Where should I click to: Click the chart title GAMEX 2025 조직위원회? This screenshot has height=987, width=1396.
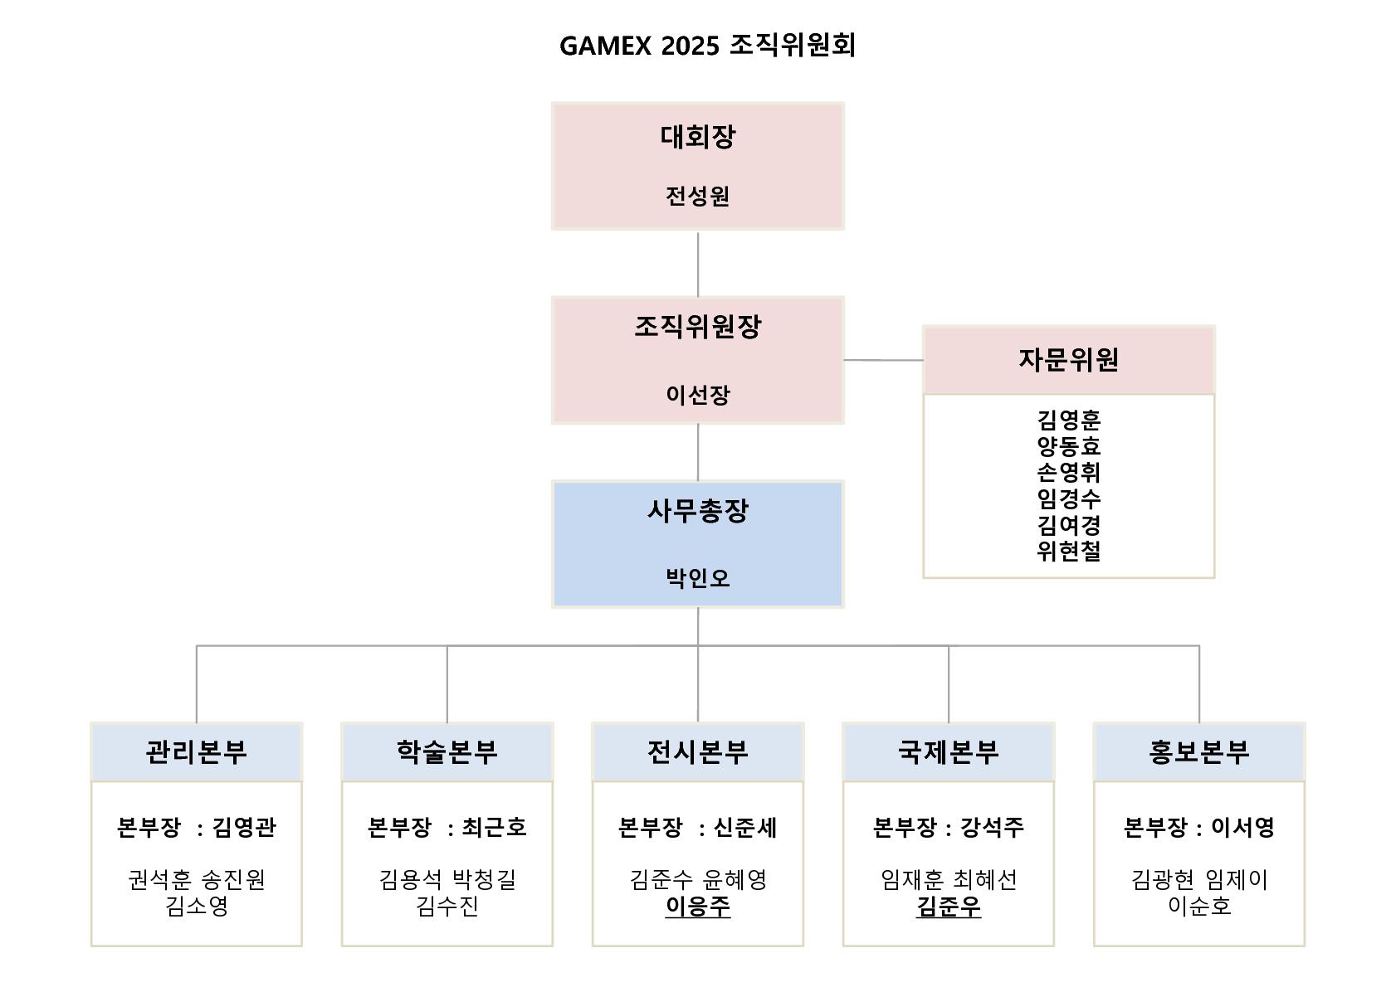click(x=707, y=46)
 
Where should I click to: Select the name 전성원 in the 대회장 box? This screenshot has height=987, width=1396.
click(x=697, y=196)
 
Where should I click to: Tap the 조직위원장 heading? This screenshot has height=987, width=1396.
click(x=697, y=326)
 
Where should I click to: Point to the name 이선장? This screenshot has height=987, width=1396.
click(x=697, y=394)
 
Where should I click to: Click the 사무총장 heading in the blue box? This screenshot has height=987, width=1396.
click(x=697, y=511)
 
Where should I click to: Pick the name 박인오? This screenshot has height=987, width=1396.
click(x=697, y=578)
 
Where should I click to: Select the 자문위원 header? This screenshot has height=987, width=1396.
click(x=1068, y=359)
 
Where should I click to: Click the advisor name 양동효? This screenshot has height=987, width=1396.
click(x=1068, y=446)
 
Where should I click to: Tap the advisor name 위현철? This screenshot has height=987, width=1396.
click(x=1068, y=551)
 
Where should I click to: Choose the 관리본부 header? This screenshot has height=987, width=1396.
click(x=197, y=751)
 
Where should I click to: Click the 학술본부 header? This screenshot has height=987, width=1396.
click(x=447, y=751)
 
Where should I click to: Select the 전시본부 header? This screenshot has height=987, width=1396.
click(x=697, y=751)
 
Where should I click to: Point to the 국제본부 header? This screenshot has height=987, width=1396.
click(x=948, y=751)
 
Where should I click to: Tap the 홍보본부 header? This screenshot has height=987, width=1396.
click(x=1199, y=751)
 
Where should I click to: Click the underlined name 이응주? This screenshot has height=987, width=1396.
click(x=697, y=906)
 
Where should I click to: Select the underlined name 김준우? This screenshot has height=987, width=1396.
click(x=948, y=906)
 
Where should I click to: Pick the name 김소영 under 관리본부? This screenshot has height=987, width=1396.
click(x=197, y=906)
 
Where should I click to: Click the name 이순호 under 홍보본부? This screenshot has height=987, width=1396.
click(x=1199, y=906)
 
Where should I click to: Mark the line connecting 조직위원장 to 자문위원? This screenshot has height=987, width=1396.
click(x=883, y=360)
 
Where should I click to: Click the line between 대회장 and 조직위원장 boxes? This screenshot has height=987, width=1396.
click(x=697, y=264)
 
